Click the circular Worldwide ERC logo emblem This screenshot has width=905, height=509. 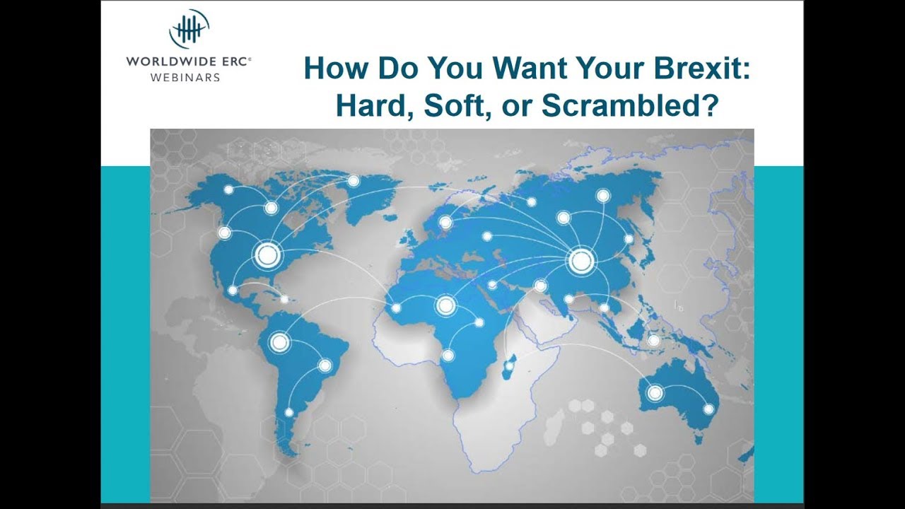[x=189, y=29]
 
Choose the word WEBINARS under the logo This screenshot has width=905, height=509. [x=185, y=77]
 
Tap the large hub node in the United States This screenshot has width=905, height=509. [x=267, y=254]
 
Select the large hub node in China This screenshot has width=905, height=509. [x=580, y=261]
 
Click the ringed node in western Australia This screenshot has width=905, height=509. [x=655, y=392]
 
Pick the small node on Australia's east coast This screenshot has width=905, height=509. [x=708, y=409]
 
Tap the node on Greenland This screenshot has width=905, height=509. [x=353, y=181]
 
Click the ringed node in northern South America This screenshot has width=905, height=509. [x=279, y=343]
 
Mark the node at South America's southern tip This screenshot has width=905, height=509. [x=288, y=412]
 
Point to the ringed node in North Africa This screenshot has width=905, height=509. [x=445, y=305]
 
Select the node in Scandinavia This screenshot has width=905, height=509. [x=445, y=223]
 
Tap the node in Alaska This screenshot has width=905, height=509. [x=228, y=189]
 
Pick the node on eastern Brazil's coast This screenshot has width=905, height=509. [x=325, y=365]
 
